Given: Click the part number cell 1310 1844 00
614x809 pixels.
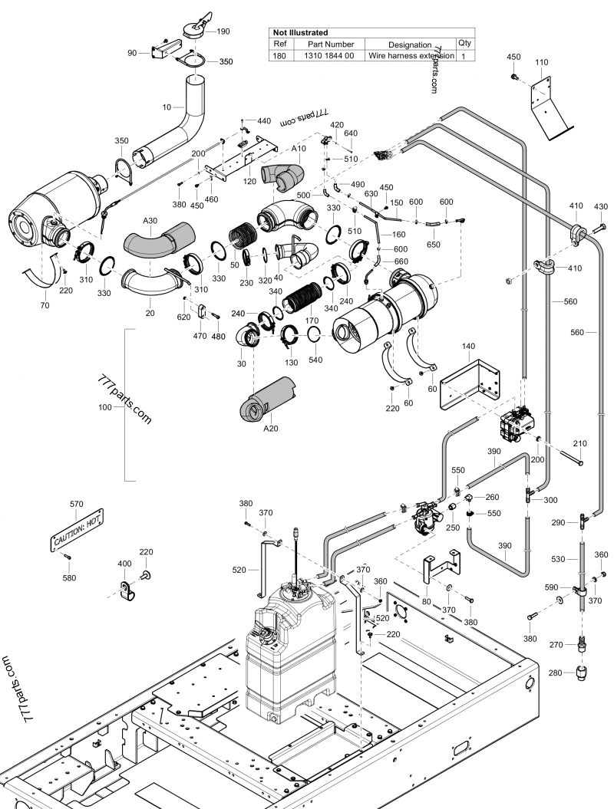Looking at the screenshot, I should tap(329, 56).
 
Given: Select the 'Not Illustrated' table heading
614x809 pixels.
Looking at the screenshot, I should tap(301, 33).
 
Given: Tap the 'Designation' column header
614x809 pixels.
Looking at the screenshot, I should tap(410, 44).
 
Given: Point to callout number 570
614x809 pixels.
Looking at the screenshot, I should tap(77, 504).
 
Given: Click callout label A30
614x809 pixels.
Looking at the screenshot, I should tap(150, 220).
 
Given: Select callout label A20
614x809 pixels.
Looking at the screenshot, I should tap(270, 429).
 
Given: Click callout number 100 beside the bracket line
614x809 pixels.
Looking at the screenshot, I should tap(105, 406).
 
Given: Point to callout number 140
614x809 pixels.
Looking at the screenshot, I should tap(469, 347).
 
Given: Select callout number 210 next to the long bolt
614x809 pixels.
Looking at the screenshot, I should tap(579, 444).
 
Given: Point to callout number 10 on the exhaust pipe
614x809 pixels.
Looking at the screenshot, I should tap(167, 107).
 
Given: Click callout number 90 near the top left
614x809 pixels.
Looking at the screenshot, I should tap(132, 53).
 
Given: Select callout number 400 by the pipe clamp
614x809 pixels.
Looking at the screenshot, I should tap(124, 564).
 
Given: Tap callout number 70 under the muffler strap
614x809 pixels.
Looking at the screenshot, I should tap(45, 305).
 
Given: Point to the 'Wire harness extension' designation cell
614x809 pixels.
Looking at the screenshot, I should tap(410, 56).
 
